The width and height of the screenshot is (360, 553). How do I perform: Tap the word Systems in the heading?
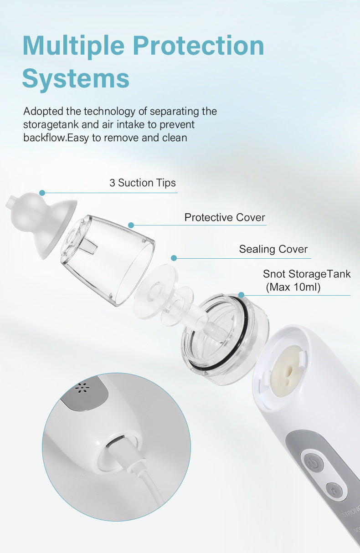tap(76, 78)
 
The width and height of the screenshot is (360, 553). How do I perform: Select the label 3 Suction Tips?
tap(143, 183)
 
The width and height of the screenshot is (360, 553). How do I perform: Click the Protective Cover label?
tap(225, 218)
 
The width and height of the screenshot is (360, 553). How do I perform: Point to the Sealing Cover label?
tap(273, 250)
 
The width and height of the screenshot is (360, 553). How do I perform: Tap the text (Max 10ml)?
tap(294, 287)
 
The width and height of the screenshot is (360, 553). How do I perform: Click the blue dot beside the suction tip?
tap(42, 193)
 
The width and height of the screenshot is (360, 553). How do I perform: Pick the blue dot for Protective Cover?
tap(131, 225)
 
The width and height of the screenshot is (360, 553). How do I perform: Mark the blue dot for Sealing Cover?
tap(174, 258)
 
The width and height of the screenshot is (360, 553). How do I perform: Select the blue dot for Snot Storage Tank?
tap(241, 295)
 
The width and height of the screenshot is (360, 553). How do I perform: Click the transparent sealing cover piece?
tap(165, 292)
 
